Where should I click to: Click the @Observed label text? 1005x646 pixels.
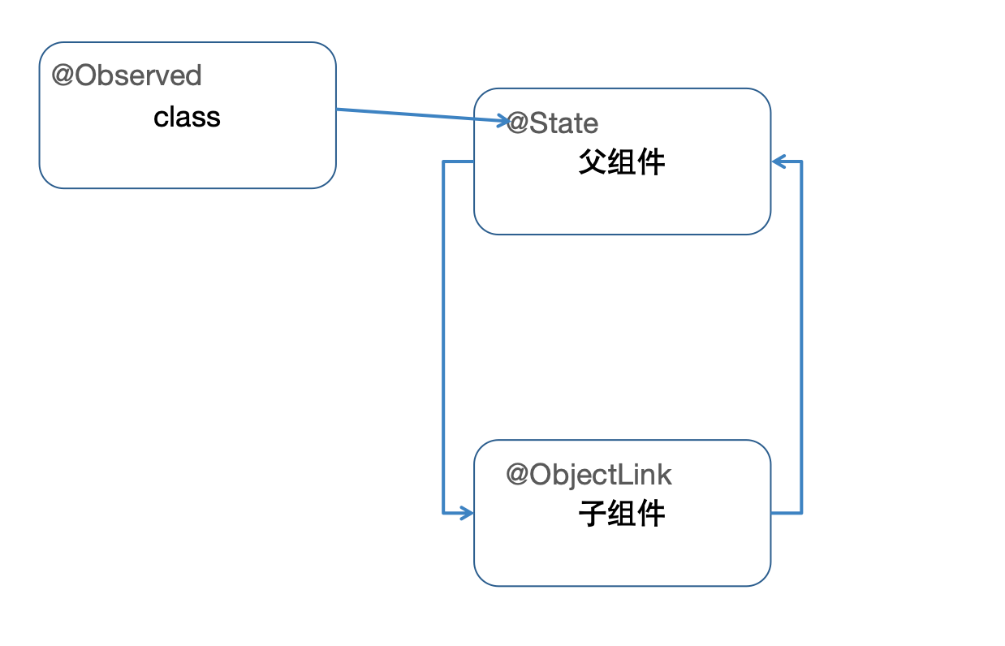[x=127, y=75]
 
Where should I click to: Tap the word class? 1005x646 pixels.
[x=187, y=118]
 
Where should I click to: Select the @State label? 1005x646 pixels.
[x=553, y=123]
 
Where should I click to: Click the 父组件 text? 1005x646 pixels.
[x=622, y=162]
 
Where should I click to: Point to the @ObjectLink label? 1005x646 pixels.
[x=589, y=475]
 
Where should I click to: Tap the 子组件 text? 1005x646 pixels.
[x=622, y=513]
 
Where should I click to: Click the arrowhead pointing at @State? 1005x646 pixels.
[x=502, y=121]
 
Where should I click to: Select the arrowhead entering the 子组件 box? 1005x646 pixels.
[x=468, y=513]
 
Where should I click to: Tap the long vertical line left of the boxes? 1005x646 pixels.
[x=443, y=337]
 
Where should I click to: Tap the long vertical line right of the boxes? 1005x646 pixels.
[x=802, y=337]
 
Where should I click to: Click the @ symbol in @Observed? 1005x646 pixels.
[x=63, y=75]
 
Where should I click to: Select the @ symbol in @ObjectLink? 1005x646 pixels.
[x=517, y=475]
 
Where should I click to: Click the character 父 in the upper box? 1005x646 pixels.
[x=592, y=162]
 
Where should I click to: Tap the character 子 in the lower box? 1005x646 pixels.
[x=592, y=513]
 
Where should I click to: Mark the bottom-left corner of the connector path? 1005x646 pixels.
[x=443, y=513]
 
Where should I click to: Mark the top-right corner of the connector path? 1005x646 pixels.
[x=802, y=162]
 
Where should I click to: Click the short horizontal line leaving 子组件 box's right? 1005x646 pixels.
[x=786, y=513]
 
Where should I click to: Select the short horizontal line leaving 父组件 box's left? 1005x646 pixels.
[x=459, y=162]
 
